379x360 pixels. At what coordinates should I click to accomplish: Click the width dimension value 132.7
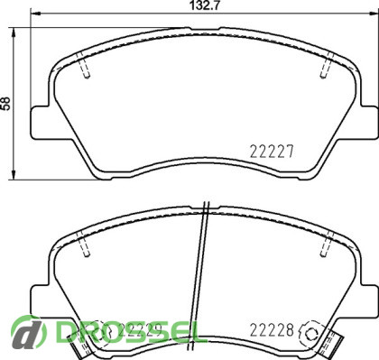pyautogui.click(x=205, y=6)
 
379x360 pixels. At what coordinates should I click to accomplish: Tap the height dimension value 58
pyautogui.click(x=6, y=104)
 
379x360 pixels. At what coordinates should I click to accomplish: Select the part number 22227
pyautogui.click(x=272, y=152)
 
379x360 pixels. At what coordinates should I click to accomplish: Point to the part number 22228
pyautogui.click(x=272, y=330)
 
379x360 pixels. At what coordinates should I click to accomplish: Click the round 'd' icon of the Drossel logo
pyautogui.click(x=29, y=332)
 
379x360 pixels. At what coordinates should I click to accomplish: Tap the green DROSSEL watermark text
pyautogui.click(x=129, y=332)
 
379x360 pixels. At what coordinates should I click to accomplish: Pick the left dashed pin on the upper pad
pyautogui.click(x=84, y=66)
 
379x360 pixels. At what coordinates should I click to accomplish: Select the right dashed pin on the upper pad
pyautogui.click(x=327, y=66)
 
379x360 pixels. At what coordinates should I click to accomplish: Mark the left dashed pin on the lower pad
pyautogui.click(x=84, y=244)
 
